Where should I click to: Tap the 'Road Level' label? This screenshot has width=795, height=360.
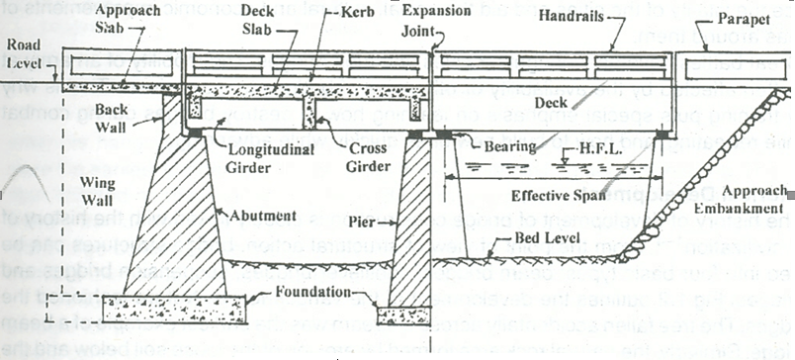(24, 55)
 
